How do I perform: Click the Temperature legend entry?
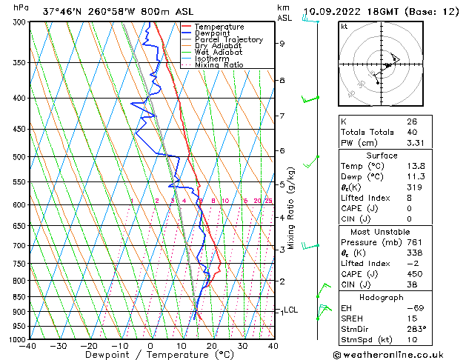click(x=219, y=27)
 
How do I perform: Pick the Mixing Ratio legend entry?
click(x=219, y=65)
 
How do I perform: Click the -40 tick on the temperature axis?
click(x=29, y=345)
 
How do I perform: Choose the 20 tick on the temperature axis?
click(x=212, y=345)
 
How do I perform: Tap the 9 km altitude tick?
click(x=282, y=44)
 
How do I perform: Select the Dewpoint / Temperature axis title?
click(x=150, y=355)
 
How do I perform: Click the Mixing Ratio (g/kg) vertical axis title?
click(x=292, y=207)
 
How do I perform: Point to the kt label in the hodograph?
click(x=344, y=27)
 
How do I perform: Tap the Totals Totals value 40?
click(x=410, y=132)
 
